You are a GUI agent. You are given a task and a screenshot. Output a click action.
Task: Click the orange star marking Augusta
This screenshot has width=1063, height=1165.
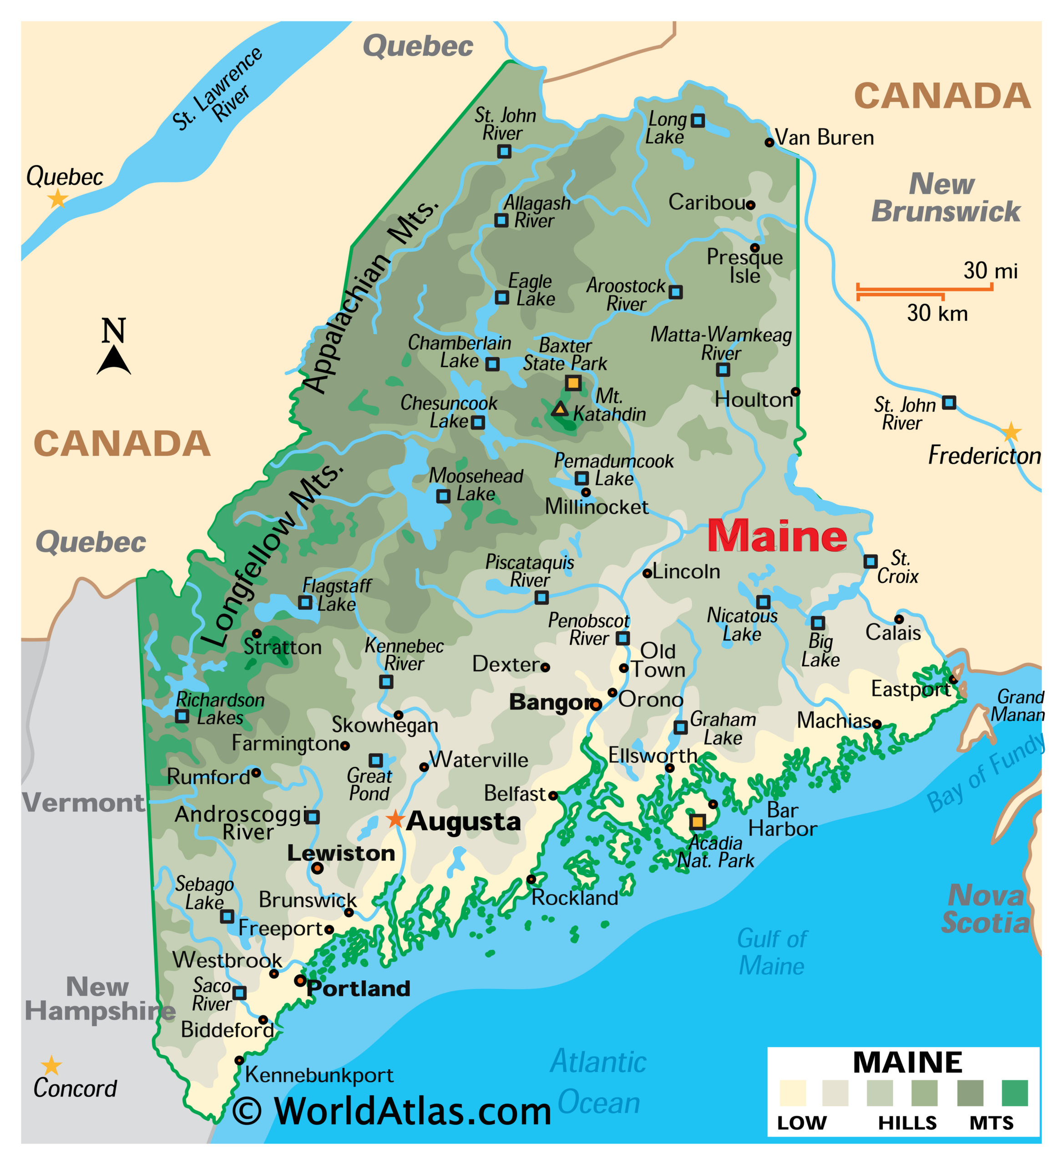pos(395,819)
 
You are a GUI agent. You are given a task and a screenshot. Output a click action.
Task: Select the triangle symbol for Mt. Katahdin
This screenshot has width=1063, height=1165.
pos(559,409)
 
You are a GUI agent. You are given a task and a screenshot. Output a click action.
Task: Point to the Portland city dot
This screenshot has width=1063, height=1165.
pos(300,981)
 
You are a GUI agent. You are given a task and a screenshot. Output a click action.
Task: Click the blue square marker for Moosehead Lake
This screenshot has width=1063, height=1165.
pos(443,496)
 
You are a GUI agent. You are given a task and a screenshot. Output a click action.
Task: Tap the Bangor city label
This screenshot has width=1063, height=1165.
pos(549,702)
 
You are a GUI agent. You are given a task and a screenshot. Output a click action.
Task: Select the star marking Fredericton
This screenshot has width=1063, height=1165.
pos(1010,432)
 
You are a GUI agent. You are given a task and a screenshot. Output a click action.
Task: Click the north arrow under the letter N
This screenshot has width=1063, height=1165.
pos(114,360)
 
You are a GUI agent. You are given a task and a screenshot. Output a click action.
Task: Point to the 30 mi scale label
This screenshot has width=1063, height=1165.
pos(990,270)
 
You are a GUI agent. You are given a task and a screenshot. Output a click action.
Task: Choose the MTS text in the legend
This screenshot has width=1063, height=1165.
pos(992,1123)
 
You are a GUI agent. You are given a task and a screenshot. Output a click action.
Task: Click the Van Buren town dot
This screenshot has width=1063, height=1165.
pos(769,142)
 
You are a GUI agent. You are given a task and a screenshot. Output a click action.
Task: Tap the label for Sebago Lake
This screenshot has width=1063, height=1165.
pos(204,893)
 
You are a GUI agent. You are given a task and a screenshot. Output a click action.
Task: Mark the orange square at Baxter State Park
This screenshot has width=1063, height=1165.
pos(573,383)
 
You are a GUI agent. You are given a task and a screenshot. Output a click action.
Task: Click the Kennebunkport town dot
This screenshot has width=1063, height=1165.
pos(238,1060)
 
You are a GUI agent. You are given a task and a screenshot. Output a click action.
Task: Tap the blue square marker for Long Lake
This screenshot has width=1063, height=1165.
pos(698,120)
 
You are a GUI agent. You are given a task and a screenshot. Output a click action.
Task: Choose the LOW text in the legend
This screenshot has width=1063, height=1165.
pos(802,1123)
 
